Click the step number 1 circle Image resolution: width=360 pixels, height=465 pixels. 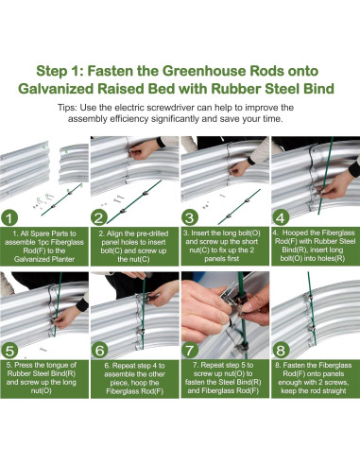click(x=9, y=218)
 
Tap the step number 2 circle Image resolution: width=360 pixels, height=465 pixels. click(x=99, y=218)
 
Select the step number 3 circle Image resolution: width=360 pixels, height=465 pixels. click(x=190, y=218)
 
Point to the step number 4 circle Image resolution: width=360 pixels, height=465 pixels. click(x=281, y=218)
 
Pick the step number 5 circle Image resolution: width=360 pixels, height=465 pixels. click(x=9, y=351)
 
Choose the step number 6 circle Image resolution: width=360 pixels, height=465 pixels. click(x=99, y=351)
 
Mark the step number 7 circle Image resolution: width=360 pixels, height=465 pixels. click(x=190, y=350)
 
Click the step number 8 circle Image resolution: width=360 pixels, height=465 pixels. click(x=281, y=350)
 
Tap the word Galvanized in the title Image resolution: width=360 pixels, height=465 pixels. click(x=56, y=89)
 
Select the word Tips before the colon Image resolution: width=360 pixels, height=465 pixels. click(x=67, y=108)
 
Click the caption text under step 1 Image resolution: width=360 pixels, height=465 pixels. click(x=44, y=247)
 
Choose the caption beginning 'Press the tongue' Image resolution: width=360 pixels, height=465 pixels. click(x=42, y=378)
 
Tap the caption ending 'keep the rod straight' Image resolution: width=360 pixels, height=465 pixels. click(x=314, y=378)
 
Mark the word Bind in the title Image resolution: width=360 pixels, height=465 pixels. click(x=318, y=89)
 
